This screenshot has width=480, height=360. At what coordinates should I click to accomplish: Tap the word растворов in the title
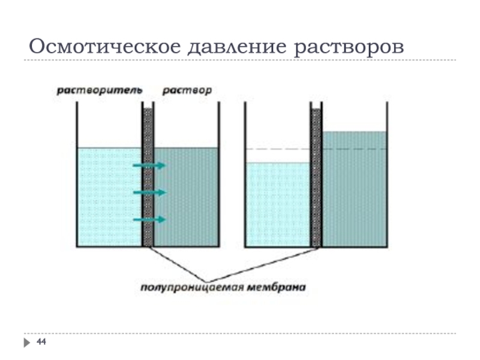point(349,46)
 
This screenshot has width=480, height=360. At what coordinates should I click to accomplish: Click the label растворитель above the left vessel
point(99,91)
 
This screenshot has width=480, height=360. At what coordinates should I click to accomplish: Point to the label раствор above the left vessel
point(187,91)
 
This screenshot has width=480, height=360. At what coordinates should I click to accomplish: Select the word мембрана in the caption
point(276,287)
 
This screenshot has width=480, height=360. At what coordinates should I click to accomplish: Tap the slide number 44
point(41,342)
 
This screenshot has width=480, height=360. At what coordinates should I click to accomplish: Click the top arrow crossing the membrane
point(148,165)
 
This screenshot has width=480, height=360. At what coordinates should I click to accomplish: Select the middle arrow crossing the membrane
point(148,192)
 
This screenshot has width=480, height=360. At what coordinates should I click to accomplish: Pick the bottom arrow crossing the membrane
point(148,220)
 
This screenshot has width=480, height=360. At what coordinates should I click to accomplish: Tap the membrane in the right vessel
point(316,180)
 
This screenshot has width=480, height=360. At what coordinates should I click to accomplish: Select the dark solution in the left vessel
point(186,198)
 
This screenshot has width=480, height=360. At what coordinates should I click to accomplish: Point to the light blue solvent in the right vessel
point(277,204)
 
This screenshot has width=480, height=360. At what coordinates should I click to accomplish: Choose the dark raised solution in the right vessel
point(354,192)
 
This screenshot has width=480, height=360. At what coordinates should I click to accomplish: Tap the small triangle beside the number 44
point(28,343)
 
